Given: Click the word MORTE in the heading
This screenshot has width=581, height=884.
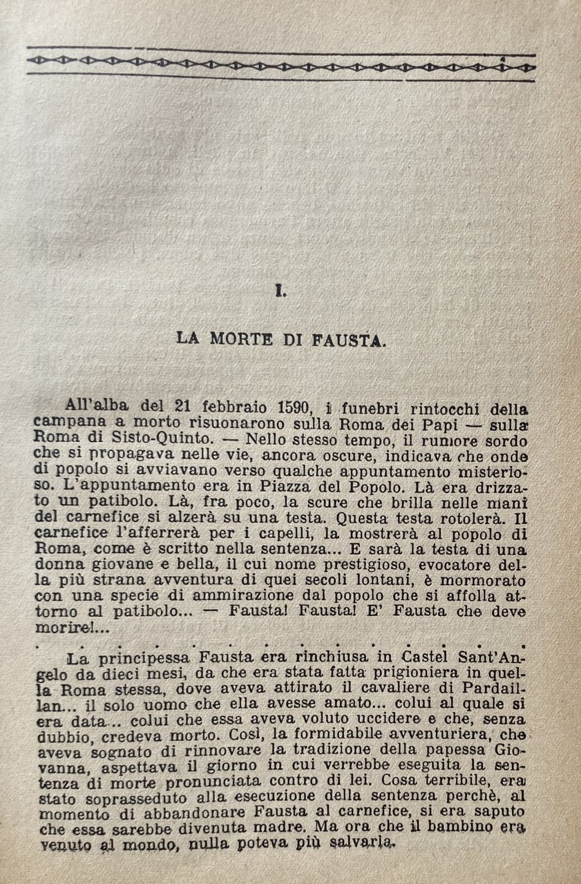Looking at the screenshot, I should (x=237, y=339).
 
